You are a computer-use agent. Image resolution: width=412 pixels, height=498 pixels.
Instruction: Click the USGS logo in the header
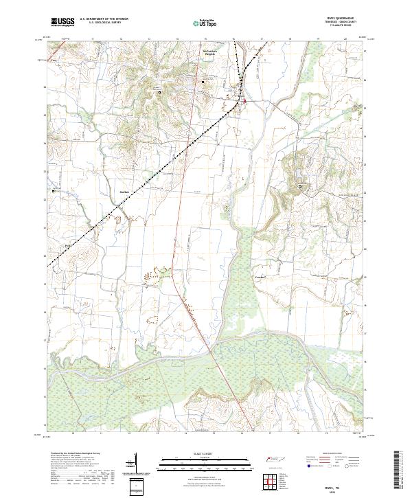tap(62, 23)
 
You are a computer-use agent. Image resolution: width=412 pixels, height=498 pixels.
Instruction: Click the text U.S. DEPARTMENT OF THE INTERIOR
tap(103, 20)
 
